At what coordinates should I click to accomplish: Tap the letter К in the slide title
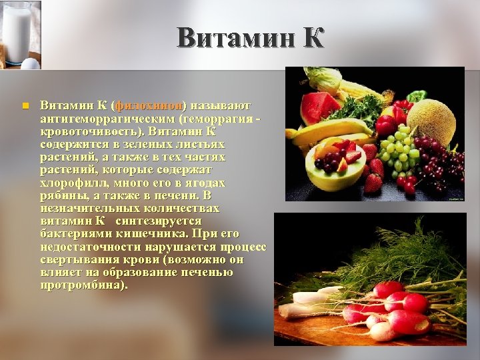[x=311, y=38]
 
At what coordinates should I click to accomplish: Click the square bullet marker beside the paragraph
[x=23, y=105]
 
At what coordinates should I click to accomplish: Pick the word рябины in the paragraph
[x=62, y=195]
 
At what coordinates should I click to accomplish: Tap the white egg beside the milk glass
[x=30, y=63]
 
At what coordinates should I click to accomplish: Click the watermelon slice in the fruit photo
[x=319, y=107]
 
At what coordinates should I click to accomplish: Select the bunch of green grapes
[x=399, y=150]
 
